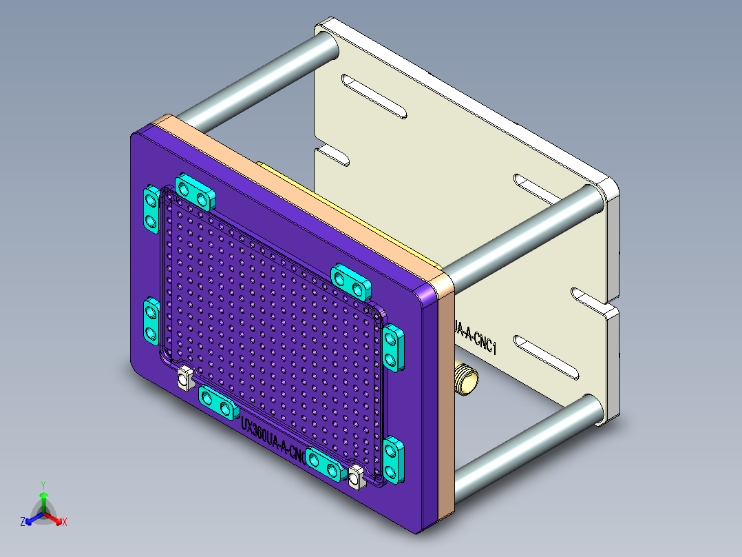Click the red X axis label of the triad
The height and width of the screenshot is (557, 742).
click(65, 523)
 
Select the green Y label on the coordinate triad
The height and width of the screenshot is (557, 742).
click(43, 485)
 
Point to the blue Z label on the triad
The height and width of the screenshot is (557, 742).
click(23, 523)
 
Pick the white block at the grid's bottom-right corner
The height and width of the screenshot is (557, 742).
click(356, 477)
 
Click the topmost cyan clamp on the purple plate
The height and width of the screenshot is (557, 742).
click(195, 192)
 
